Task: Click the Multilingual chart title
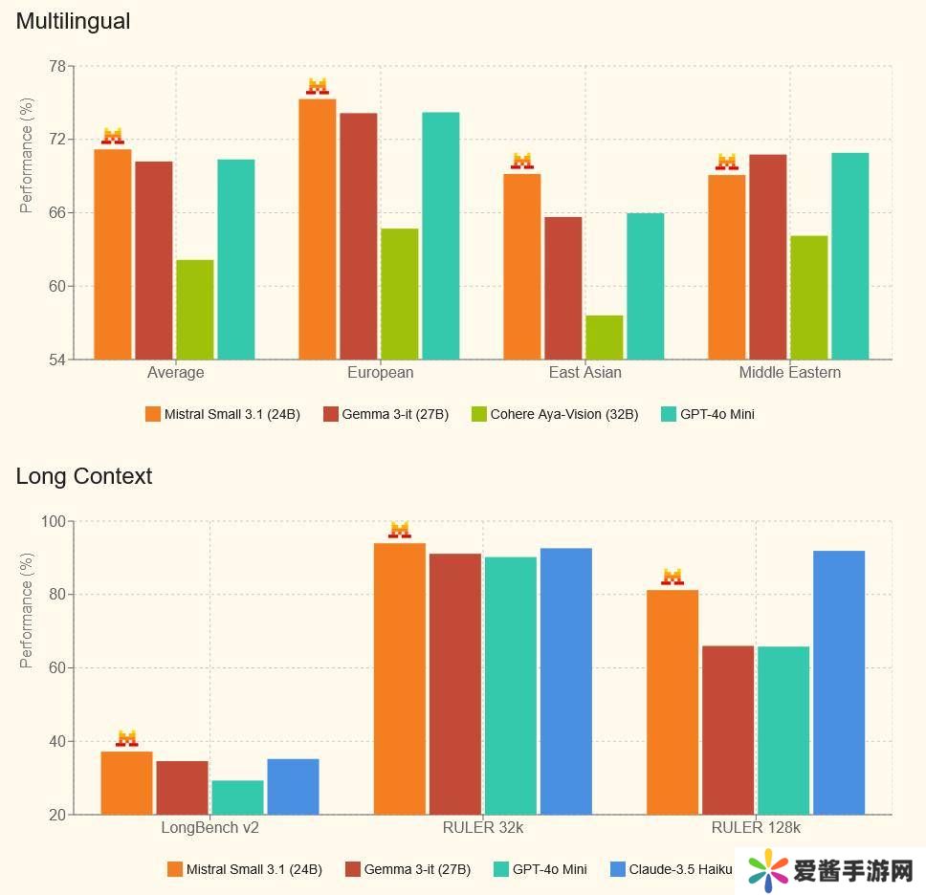(x=73, y=21)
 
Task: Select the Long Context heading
(x=84, y=476)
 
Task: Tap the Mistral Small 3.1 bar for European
(x=318, y=229)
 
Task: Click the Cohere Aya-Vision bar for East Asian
(x=605, y=338)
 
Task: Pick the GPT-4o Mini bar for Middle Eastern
(x=849, y=256)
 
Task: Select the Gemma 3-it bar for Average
(x=154, y=260)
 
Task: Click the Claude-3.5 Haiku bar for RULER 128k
(x=839, y=683)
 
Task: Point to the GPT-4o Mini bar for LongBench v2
(x=237, y=797)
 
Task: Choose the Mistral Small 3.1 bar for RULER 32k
(x=400, y=679)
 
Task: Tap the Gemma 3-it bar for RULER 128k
(x=728, y=731)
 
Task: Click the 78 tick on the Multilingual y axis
(x=56, y=67)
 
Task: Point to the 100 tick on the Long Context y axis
(x=53, y=522)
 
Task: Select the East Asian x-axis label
(x=584, y=373)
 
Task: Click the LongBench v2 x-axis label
(x=209, y=828)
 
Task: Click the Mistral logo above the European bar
(x=318, y=87)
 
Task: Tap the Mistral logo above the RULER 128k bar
(x=672, y=578)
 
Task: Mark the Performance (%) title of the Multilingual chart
(x=27, y=156)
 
